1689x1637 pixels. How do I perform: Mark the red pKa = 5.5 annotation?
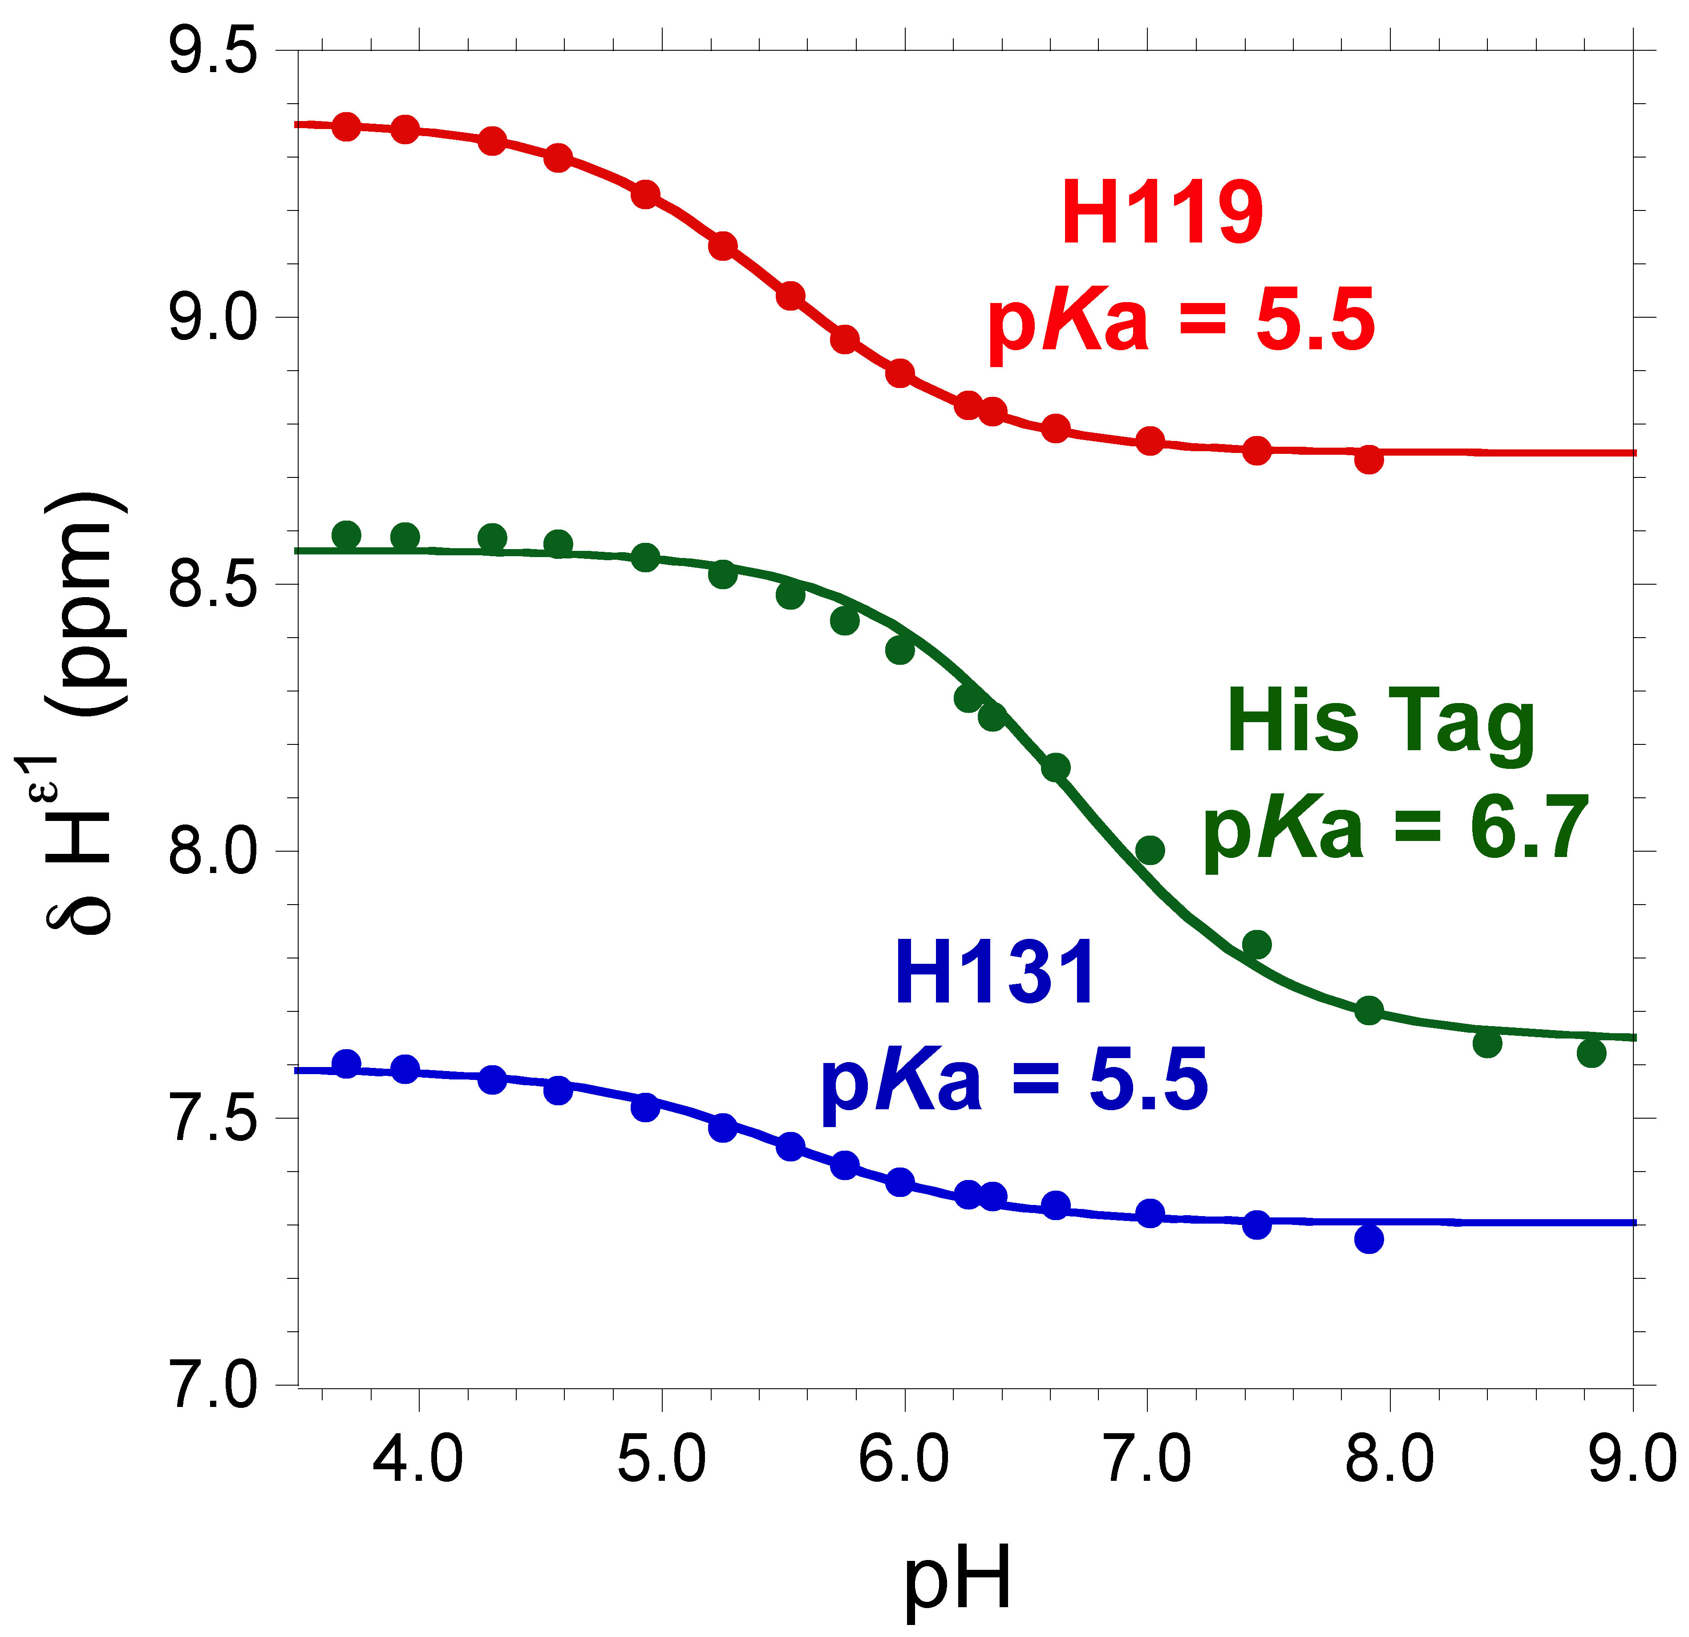coord(1181,320)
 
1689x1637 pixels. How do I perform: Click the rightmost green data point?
coord(1592,1053)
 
